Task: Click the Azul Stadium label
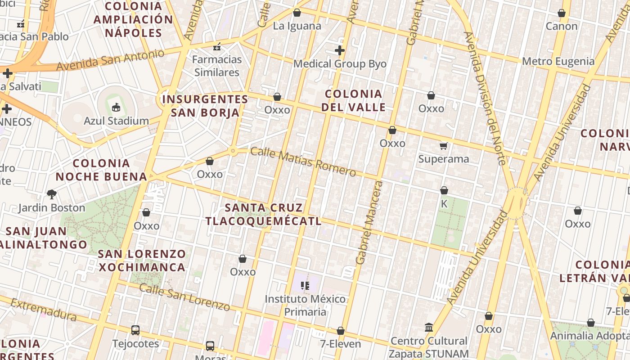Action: (116, 121)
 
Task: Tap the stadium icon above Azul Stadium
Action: (116, 107)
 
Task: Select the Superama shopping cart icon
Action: (444, 145)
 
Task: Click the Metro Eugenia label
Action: (558, 61)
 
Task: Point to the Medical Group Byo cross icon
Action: (340, 50)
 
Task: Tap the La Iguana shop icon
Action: (297, 13)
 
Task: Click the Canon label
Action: (561, 26)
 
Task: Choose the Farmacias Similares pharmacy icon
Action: (217, 46)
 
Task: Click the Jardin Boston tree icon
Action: (52, 194)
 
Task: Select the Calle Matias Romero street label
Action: (303, 162)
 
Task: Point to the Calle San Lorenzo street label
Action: (184, 297)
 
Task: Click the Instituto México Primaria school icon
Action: (305, 285)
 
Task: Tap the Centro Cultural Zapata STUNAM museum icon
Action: (428, 327)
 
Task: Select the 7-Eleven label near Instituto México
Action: (340, 344)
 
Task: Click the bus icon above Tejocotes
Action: (135, 330)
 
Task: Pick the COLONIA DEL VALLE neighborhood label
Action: (355, 100)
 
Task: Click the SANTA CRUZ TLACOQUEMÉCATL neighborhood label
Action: (264, 214)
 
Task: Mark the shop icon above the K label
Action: (444, 190)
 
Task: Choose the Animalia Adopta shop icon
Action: (591, 323)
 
